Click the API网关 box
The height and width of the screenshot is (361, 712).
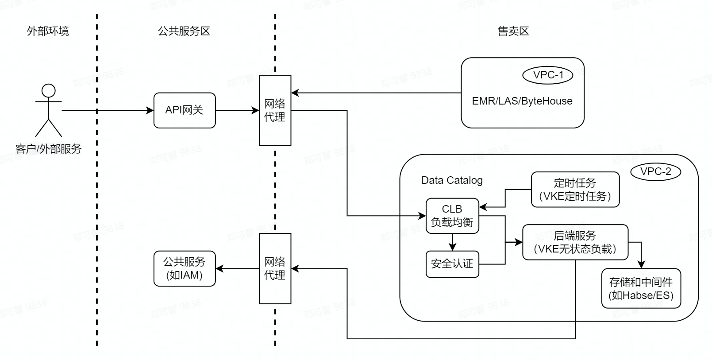pyautogui.click(x=185, y=110)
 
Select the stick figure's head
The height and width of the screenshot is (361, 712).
pyautogui.click(x=48, y=91)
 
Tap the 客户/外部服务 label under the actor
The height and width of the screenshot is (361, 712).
pyautogui.click(x=48, y=149)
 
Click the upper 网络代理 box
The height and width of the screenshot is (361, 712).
pyautogui.click(x=275, y=110)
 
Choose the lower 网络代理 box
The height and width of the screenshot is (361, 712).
pyautogui.click(x=275, y=268)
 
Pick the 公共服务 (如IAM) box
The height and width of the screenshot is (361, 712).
pyautogui.click(x=185, y=268)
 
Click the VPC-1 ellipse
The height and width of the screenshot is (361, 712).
pyautogui.click(x=548, y=75)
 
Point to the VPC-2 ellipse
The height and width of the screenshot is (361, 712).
pyautogui.click(x=655, y=172)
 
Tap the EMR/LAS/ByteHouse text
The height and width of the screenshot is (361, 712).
pyautogui.click(x=522, y=101)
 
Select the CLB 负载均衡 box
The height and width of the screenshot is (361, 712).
pyautogui.click(x=452, y=216)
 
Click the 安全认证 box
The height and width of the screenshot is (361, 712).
pyautogui.click(x=452, y=264)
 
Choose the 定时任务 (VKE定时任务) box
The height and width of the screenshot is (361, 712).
pyautogui.click(x=575, y=190)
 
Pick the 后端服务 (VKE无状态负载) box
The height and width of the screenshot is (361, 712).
pyautogui.click(x=575, y=242)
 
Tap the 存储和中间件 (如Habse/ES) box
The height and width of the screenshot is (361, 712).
pyautogui.click(x=641, y=288)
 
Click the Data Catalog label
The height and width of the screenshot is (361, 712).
pyautogui.click(x=452, y=180)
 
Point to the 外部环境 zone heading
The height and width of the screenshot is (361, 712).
pyautogui.click(x=48, y=31)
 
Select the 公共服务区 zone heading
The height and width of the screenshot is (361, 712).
pyautogui.click(x=184, y=31)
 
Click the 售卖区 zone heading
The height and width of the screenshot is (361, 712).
pyautogui.click(x=513, y=31)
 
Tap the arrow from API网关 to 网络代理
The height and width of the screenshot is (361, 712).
pyautogui.click(x=237, y=110)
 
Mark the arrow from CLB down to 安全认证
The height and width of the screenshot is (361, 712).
pyautogui.click(x=452, y=242)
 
